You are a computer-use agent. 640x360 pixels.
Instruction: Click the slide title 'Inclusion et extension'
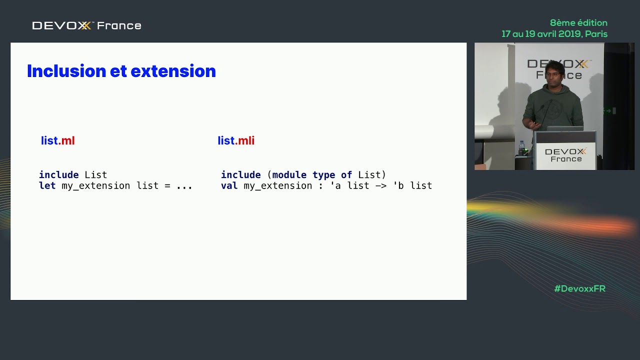121,71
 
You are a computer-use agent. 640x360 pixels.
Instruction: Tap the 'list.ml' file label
57,140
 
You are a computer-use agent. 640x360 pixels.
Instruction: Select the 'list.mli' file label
236,140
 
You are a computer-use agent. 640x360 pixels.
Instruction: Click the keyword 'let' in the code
47,185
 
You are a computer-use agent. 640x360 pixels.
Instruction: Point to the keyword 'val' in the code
229,185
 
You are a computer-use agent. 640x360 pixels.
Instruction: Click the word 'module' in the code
289,174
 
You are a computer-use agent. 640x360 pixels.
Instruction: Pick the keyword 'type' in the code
323,175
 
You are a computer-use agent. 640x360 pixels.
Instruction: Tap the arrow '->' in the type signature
381,186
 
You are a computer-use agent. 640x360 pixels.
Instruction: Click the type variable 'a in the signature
335,185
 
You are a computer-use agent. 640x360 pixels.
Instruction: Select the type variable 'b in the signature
398,185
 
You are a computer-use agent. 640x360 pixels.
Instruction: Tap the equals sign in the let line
167,186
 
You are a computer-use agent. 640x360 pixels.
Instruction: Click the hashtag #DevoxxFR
579,288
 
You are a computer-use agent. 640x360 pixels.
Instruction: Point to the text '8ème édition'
578,23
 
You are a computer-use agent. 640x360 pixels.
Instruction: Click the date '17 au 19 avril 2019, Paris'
554,34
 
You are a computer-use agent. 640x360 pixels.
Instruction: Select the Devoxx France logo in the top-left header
86,25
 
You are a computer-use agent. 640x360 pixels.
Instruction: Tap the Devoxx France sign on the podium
565,155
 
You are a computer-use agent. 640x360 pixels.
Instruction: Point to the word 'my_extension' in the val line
277,186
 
